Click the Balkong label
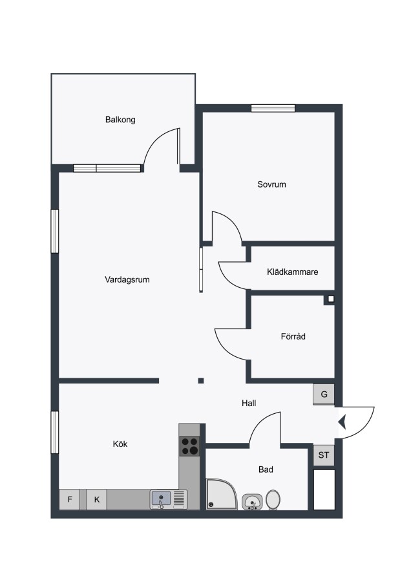(120, 120)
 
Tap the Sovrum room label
(271, 184)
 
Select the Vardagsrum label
(127, 279)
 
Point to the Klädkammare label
(292, 272)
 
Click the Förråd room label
(293, 336)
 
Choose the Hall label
(249, 403)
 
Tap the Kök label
(120, 444)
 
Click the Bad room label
(266, 469)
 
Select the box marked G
(324, 394)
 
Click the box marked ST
(324, 455)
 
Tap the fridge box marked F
(70, 499)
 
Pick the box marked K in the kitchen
(97, 499)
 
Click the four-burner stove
(189, 446)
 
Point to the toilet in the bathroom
(273, 500)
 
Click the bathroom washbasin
(252, 502)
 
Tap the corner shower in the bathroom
(222, 494)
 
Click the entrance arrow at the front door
(342, 422)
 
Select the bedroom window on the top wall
(273, 108)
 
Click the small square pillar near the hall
(201, 380)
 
